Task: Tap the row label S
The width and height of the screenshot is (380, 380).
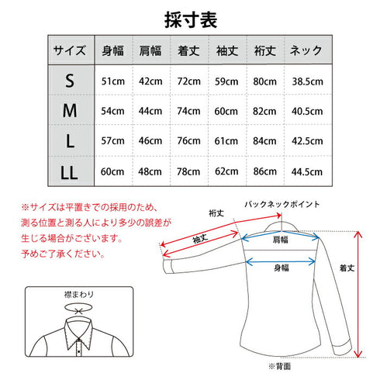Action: click(x=71, y=81)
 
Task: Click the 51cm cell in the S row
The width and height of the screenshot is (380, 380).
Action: click(x=113, y=81)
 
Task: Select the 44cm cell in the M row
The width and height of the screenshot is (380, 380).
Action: click(x=152, y=112)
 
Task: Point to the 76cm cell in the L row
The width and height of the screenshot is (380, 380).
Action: click(x=189, y=141)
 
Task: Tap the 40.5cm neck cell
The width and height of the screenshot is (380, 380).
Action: click(x=307, y=112)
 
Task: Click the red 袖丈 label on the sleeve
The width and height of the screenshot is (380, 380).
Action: click(x=199, y=240)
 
